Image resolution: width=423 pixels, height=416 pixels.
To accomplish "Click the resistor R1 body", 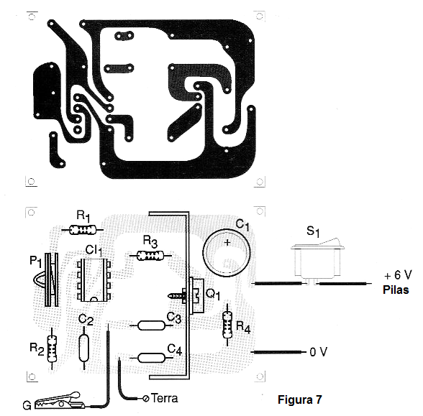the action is pyautogui.click(x=83, y=230).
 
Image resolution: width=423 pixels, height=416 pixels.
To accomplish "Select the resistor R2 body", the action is pyautogui.click(x=52, y=349).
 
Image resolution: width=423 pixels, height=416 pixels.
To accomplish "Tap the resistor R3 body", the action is pyautogui.click(x=150, y=256).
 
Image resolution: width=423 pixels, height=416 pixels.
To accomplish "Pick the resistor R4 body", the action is pyautogui.click(x=227, y=325).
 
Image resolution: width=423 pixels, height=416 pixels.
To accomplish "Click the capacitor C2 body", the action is pyautogui.click(x=84, y=348).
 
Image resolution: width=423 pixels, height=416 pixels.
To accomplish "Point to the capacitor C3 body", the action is pyautogui.click(x=151, y=325).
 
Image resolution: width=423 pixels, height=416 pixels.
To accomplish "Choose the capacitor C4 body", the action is pyautogui.click(x=151, y=358).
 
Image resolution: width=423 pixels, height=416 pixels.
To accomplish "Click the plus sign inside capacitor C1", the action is pyautogui.click(x=227, y=243).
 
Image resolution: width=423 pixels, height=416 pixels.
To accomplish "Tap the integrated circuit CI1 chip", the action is pyautogui.click(x=94, y=280).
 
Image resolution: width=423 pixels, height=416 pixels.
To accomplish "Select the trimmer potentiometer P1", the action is pyautogui.click(x=49, y=279).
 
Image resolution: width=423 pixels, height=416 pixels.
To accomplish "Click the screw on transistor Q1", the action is pyautogui.click(x=177, y=296).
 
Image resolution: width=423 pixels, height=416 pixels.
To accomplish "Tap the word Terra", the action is pyautogui.click(x=164, y=398).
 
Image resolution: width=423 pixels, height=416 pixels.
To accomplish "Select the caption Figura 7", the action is pyautogui.click(x=300, y=399).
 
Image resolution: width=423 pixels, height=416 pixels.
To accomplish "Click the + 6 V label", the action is pyautogui.click(x=398, y=275).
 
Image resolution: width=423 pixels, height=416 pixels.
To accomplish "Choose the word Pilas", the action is pyautogui.click(x=396, y=290).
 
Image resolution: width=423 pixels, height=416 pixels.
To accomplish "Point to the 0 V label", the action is pyautogui.click(x=319, y=352).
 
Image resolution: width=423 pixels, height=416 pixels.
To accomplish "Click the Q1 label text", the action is pyautogui.click(x=213, y=295).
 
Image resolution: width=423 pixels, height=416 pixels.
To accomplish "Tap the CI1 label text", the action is pyautogui.click(x=94, y=251).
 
